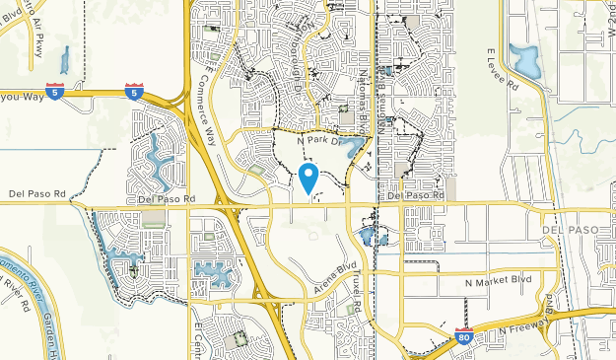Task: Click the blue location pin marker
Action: (x=308, y=178)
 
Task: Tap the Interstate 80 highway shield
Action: (x=465, y=337)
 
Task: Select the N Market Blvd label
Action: (x=498, y=281)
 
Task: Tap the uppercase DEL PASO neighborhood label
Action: (x=569, y=229)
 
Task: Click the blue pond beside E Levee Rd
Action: (x=523, y=60)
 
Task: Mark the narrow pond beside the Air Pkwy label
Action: (x=65, y=61)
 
